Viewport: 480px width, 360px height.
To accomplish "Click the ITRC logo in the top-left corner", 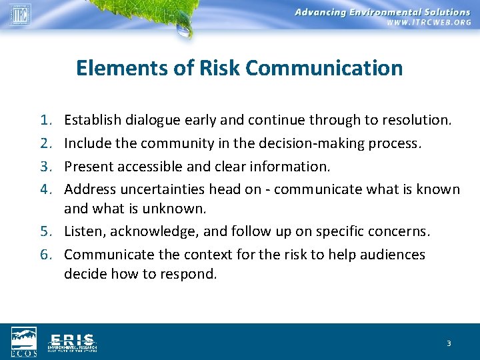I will [20, 14].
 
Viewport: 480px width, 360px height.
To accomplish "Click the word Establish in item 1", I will [91, 120].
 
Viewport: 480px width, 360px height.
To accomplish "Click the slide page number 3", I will [449, 343].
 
